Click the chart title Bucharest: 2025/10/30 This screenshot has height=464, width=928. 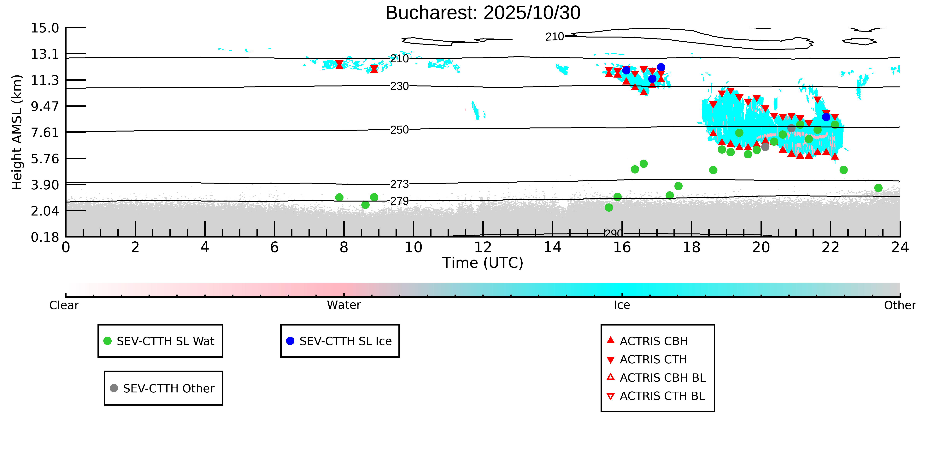pos(483,13)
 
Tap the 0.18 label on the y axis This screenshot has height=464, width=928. pos(45,237)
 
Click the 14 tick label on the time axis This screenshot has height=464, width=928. pos(552,248)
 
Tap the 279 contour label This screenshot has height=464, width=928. pos(400,201)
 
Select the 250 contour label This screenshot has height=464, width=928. pos(400,130)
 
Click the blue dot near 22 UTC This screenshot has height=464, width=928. pos(826,117)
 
